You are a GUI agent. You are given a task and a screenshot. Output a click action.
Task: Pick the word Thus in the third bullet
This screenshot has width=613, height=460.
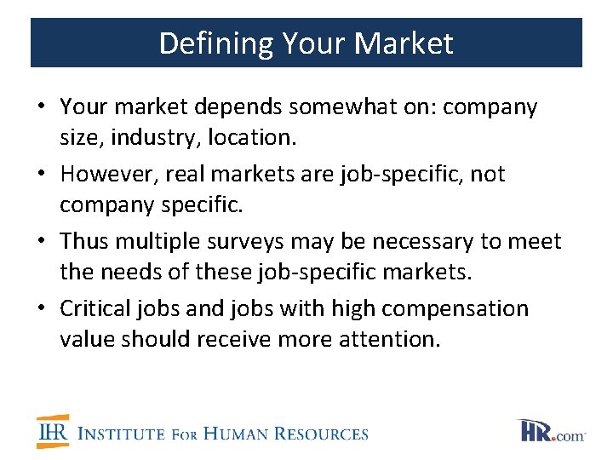click(x=83, y=241)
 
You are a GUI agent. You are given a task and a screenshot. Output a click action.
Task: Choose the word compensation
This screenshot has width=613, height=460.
click(x=461, y=308)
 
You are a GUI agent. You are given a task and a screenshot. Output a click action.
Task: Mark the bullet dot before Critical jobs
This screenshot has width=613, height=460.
click(x=41, y=309)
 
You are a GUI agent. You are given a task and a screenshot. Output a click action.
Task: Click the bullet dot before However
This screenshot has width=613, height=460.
click(x=41, y=175)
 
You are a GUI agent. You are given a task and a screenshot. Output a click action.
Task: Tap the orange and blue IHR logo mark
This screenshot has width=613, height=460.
click(x=53, y=432)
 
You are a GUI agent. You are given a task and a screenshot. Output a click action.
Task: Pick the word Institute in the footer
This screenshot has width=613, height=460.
click(x=121, y=434)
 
